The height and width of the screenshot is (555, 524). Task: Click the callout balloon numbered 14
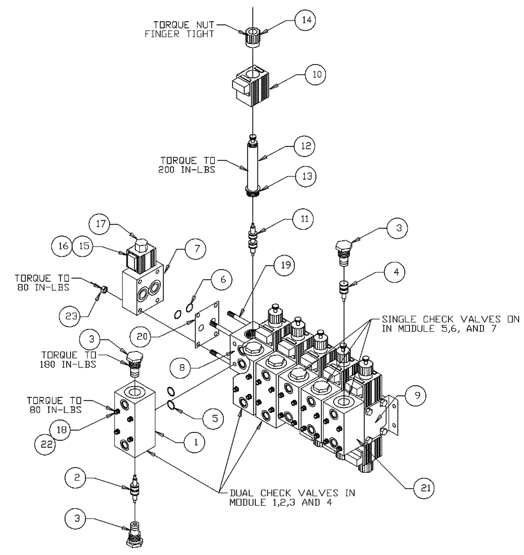click(x=305, y=20)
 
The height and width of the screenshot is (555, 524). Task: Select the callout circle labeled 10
click(x=315, y=73)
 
